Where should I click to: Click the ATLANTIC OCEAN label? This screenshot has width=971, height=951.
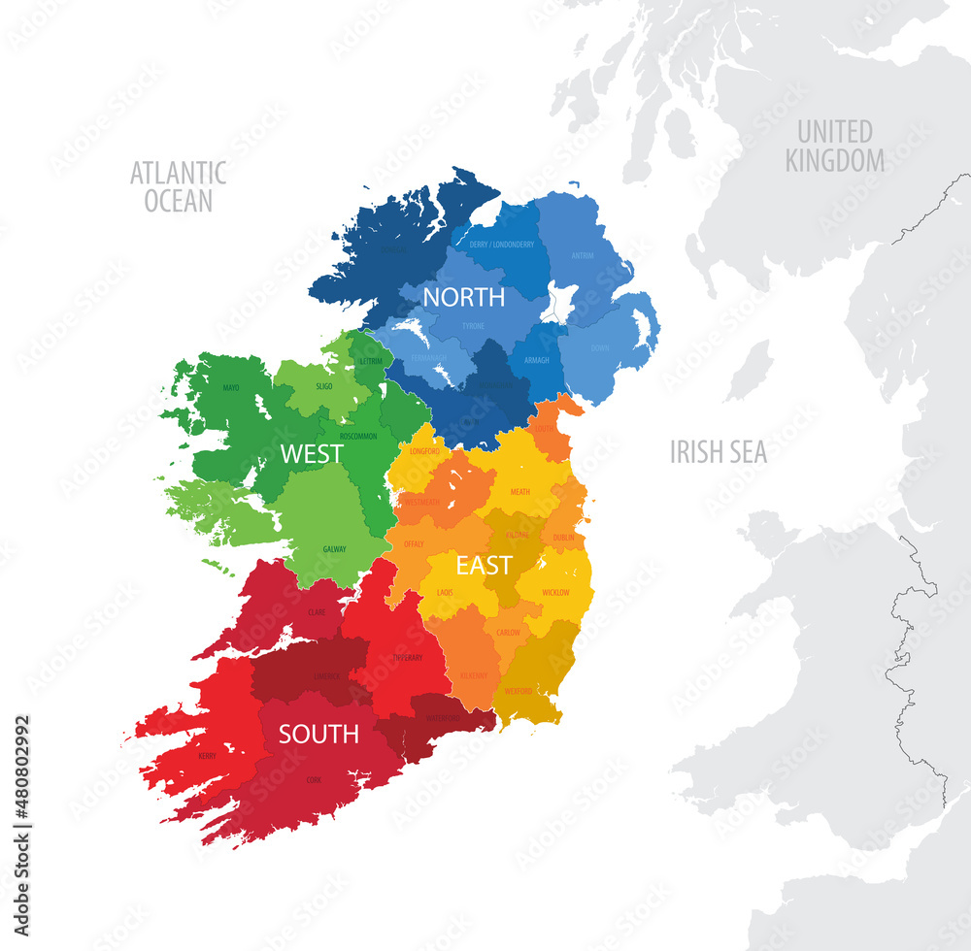[x=178, y=186]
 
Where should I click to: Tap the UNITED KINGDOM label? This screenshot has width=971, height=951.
[x=835, y=146]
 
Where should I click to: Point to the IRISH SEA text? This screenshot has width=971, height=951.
[x=719, y=451]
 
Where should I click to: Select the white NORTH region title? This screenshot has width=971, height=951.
[x=463, y=297]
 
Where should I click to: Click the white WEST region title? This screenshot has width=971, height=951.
[x=311, y=453]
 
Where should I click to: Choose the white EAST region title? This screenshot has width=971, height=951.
[x=484, y=566]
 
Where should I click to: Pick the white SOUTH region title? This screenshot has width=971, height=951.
[x=318, y=735]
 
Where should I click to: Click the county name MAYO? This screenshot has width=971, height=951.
[x=230, y=388]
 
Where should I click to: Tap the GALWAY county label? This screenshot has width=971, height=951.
[x=334, y=549]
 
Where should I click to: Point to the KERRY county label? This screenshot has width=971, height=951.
[x=207, y=754]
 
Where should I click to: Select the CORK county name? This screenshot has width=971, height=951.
[x=314, y=779]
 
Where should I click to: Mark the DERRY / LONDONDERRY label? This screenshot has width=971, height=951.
[x=501, y=245]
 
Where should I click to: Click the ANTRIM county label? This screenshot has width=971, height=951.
[x=582, y=256]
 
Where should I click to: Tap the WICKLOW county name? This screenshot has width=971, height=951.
[x=555, y=592]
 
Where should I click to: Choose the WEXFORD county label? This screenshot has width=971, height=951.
[x=519, y=691]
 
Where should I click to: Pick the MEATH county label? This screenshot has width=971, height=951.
[x=520, y=492]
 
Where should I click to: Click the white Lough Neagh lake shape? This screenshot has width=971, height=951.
[x=561, y=303]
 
